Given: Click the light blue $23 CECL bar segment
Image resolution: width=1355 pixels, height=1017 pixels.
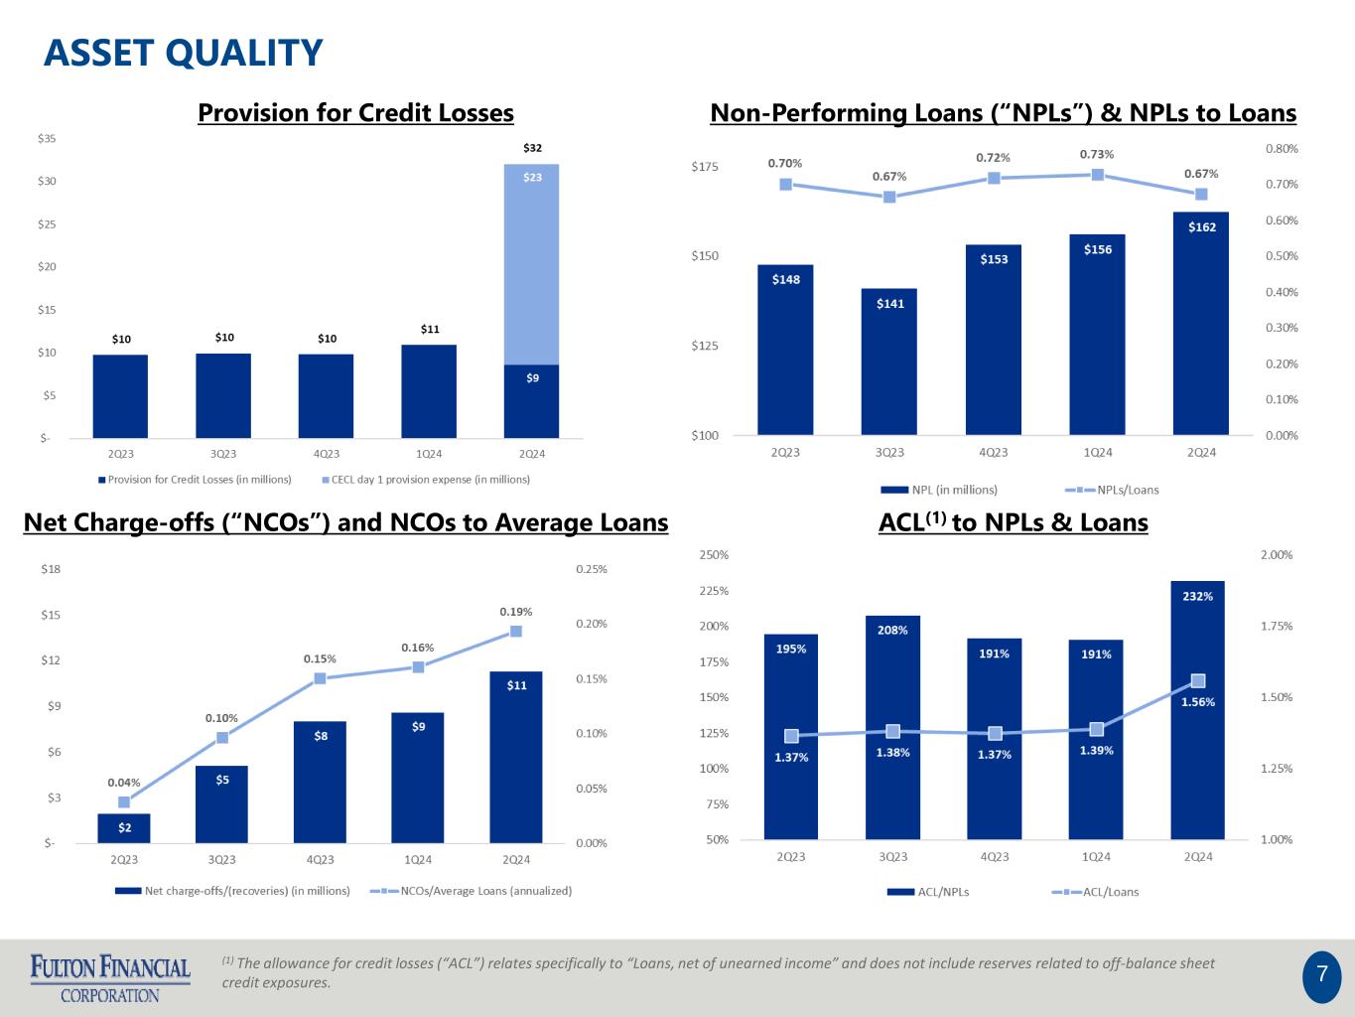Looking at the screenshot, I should (532, 263).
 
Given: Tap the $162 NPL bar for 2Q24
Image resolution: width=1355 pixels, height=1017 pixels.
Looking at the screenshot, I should (1201, 323).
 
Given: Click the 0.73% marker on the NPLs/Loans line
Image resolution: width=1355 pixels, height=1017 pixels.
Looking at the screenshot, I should (1098, 175).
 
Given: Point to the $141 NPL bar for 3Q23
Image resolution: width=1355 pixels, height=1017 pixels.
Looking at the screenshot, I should (889, 361).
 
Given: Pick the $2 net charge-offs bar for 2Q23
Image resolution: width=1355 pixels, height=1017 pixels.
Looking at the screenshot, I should (124, 828).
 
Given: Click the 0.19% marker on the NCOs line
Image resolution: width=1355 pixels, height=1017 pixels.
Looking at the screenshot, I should (516, 631).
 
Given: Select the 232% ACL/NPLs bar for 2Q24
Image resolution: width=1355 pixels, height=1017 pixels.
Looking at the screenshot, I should (1197, 710).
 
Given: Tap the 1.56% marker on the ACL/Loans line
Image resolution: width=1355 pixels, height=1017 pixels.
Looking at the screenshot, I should (1198, 680).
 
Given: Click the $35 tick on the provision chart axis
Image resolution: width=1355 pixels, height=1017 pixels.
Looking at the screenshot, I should (47, 138).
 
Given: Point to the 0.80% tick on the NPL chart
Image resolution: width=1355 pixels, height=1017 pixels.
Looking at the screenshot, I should (1282, 149).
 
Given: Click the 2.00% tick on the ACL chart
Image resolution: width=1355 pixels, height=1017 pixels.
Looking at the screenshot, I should (1277, 555).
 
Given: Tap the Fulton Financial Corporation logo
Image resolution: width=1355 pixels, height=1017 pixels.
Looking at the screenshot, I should (110, 977).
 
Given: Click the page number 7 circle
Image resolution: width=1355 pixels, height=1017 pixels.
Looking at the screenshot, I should (1321, 975).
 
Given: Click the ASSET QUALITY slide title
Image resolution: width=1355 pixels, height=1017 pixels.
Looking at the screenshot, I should (184, 53).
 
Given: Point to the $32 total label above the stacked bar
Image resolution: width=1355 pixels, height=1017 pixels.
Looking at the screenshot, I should (533, 148).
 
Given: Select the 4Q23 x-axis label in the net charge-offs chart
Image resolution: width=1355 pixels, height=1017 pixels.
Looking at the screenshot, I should (320, 860).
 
